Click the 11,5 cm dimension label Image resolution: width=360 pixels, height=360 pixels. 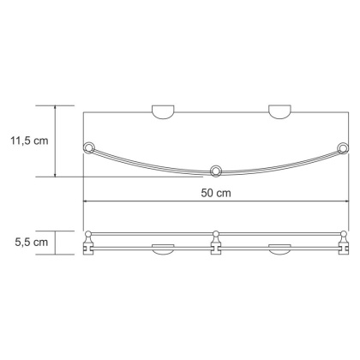[x=28, y=141]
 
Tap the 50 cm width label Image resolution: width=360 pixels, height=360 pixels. [x=217, y=194]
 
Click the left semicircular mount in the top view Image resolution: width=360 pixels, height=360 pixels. [x=162, y=111]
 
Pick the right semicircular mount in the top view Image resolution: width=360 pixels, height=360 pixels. [x=280, y=111]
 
